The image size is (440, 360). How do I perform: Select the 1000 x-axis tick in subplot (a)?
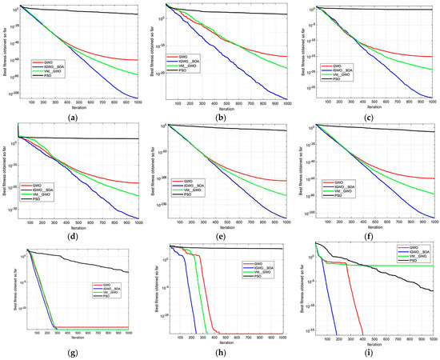tap(138, 102)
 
